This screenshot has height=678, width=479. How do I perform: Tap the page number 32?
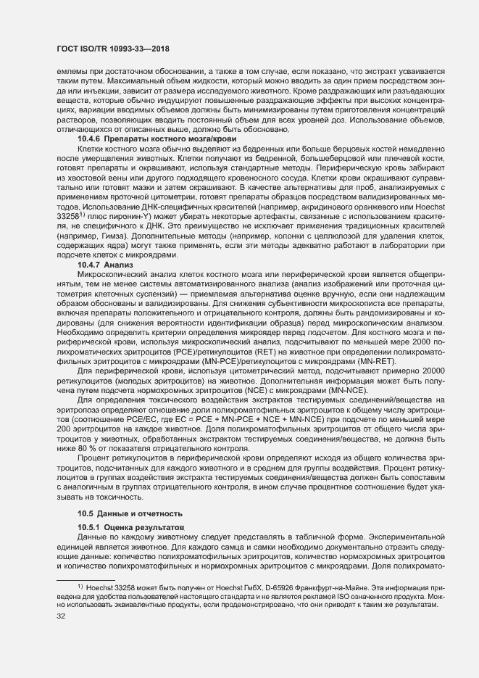tap(51, 616)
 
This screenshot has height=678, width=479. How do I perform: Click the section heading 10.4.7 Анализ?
tap(101, 266)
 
